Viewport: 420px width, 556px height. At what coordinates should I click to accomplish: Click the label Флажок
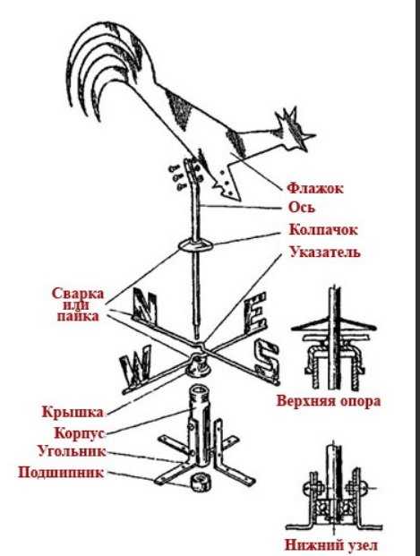315,188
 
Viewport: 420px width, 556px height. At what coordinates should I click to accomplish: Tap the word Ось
302,207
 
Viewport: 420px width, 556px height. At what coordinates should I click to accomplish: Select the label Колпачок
323,229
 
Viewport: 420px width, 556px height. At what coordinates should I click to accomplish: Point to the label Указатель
325,252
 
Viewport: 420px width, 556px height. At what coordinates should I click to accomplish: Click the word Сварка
78,294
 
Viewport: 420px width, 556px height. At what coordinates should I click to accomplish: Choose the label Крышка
73,412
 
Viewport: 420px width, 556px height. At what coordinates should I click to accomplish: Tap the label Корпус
80,433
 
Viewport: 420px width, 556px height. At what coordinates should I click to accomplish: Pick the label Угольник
72,451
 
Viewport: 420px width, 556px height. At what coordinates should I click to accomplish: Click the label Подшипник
61,473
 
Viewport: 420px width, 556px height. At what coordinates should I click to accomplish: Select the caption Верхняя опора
329,401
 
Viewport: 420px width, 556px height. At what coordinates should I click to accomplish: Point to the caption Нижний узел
331,544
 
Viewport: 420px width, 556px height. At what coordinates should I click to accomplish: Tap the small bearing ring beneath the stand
200,483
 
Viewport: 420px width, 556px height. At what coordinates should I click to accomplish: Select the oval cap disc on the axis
195,245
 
